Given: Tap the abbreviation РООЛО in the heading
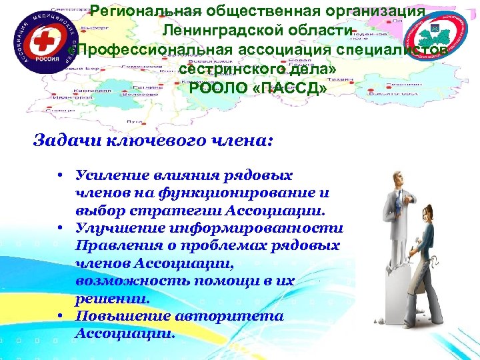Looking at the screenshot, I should (214, 88).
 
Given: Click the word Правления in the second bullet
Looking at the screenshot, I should (117, 246).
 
